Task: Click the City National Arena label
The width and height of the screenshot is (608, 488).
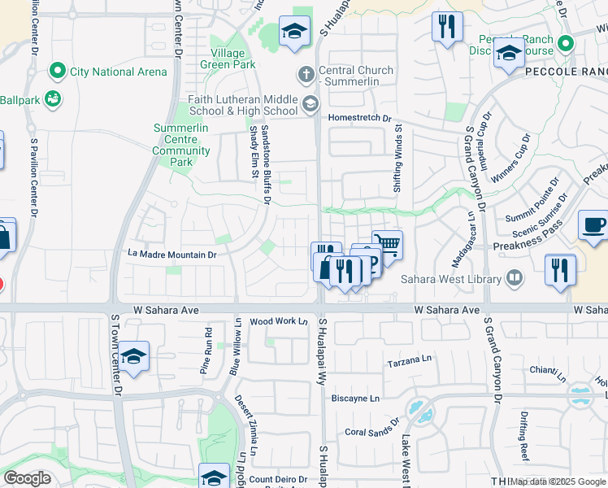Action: click(x=118, y=72)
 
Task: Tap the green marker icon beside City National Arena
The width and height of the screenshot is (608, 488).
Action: click(x=57, y=72)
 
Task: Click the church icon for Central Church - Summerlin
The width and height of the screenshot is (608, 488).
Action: click(x=306, y=75)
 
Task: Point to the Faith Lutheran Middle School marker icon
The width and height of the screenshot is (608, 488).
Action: click(x=310, y=104)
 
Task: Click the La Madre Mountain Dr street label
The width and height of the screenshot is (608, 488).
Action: click(x=172, y=255)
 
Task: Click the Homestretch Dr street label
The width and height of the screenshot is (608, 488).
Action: click(x=359, y=117)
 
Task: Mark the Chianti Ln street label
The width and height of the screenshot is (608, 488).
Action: click(x=548, y=370)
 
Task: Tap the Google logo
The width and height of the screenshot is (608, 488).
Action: click(x=27, y=478)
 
